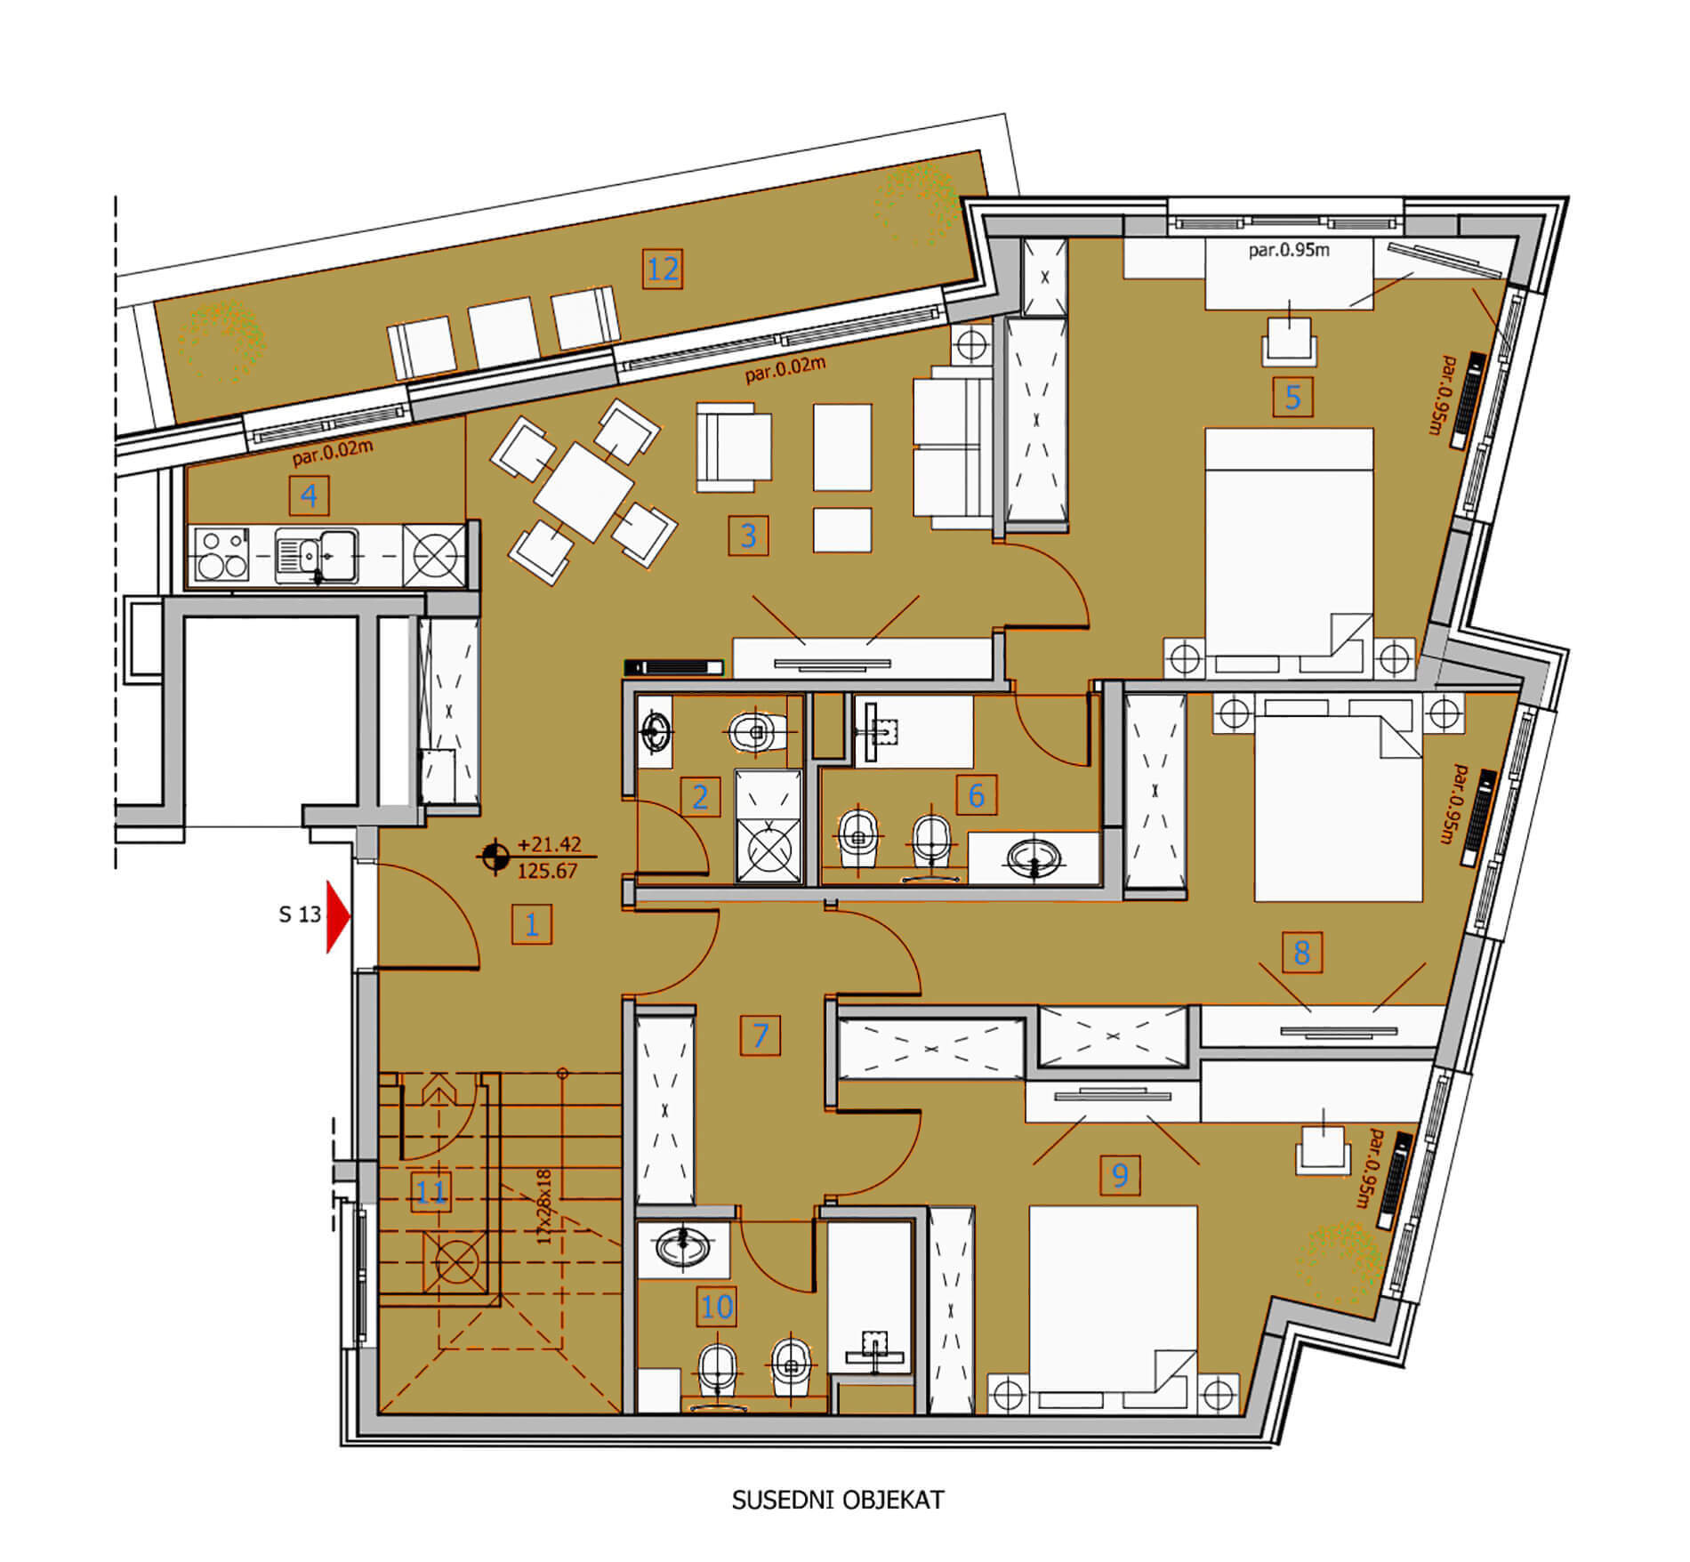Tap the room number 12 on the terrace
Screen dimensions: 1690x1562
664,269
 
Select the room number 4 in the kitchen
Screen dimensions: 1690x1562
309,495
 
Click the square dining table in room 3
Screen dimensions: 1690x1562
584,491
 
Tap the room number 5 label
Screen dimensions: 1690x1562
1292,397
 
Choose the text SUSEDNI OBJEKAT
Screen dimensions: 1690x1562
837,1500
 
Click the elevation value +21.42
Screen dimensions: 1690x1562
549,843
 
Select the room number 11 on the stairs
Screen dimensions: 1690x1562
431,1192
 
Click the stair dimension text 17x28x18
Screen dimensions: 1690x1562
544,1206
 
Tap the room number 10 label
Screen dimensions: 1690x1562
717,1307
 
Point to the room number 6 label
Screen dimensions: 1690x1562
976,795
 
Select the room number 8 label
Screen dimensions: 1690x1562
1301,952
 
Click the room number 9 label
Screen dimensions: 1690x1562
1120,1175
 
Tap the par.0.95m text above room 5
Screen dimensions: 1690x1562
1289,250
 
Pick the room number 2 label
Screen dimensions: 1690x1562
700,796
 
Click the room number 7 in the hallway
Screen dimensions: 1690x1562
760,1035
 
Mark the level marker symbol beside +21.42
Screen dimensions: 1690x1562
495,857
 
